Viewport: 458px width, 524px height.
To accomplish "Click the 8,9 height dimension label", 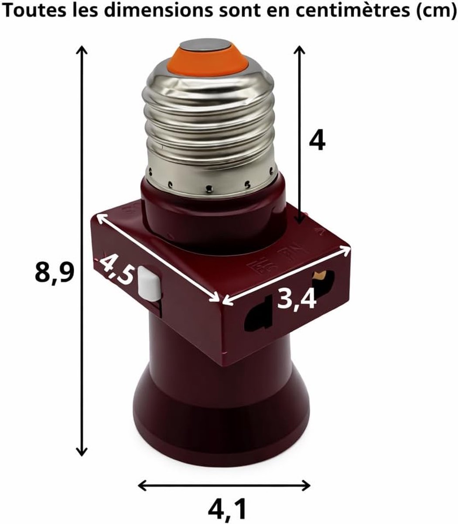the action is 54,273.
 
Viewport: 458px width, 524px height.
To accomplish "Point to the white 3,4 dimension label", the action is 297,298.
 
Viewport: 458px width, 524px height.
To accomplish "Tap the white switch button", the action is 150,283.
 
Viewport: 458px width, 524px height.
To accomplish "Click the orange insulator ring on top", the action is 210,60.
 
